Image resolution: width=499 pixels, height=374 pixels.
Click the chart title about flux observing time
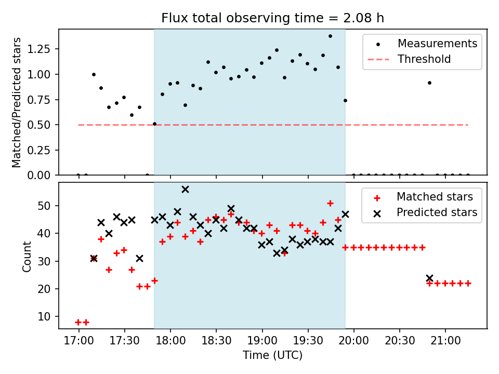(272, 18)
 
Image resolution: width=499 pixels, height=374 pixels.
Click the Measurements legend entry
(437, 44)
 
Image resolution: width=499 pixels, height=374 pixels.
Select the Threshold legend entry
(424, 59)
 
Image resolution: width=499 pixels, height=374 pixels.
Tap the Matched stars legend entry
(435, 197)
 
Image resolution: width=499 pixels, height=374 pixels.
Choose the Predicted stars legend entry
(437, 212)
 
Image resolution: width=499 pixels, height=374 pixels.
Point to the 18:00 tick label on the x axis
(170, 341)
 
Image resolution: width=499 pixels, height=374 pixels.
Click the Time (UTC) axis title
(272, 356)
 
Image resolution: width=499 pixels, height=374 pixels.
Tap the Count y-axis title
(27, 256)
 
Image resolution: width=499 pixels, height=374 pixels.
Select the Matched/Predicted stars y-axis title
(17, 102)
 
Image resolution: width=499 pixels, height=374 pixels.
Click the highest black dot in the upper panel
(330, 36)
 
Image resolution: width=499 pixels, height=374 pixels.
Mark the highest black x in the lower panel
(185, 189)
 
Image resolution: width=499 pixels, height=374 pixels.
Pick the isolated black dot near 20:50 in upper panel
(429, 83)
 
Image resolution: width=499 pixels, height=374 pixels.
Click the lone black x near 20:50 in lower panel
(429, 278)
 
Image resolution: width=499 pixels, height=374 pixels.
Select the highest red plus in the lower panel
(330, 203)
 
